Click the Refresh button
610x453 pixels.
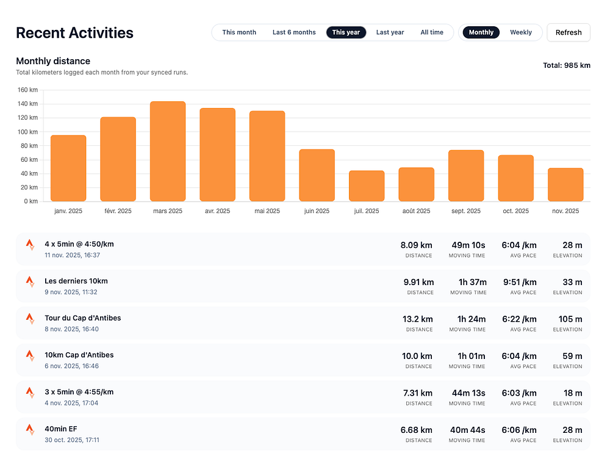569,32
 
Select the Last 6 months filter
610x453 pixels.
294,32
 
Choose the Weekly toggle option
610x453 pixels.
521,32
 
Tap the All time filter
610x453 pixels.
432,32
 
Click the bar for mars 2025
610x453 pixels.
168,151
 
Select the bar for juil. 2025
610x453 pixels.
367,186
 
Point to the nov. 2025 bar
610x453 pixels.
565,184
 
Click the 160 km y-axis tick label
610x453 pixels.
28,90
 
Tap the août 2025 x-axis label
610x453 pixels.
416,211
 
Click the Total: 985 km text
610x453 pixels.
567,65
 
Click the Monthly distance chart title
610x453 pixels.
53,61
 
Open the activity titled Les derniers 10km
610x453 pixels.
76,281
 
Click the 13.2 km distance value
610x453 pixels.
418,319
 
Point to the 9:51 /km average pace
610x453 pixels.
518,282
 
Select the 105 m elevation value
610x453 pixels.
570,319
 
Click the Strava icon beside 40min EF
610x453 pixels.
30,429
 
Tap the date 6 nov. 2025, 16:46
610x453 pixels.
71,366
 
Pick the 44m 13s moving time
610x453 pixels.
468,393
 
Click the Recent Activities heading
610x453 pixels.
74,32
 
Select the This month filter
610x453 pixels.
239,32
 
